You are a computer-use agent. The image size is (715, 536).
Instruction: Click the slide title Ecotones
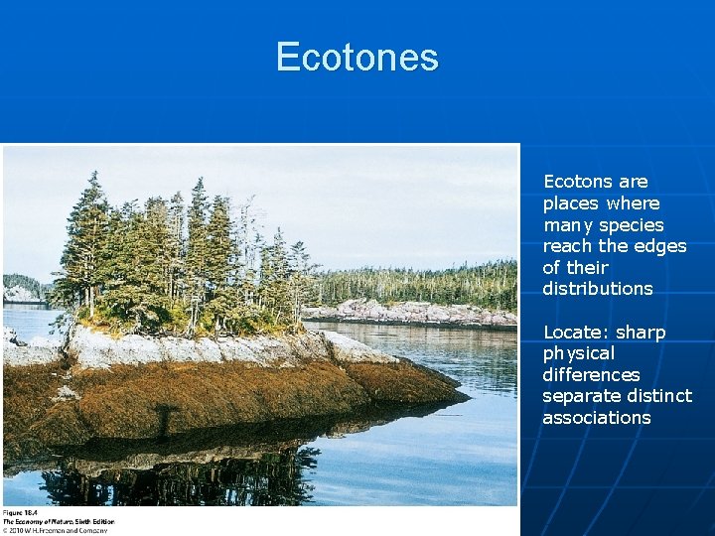point(357,57)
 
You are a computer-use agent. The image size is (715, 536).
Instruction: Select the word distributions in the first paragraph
point(597,289)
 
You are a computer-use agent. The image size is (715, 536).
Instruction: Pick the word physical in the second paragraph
point(579,353)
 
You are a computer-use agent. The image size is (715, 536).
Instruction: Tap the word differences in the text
point(591,375)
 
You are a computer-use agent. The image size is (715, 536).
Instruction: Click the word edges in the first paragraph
point(661,246)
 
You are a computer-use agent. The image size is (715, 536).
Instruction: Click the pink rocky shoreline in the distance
point(417,313)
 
